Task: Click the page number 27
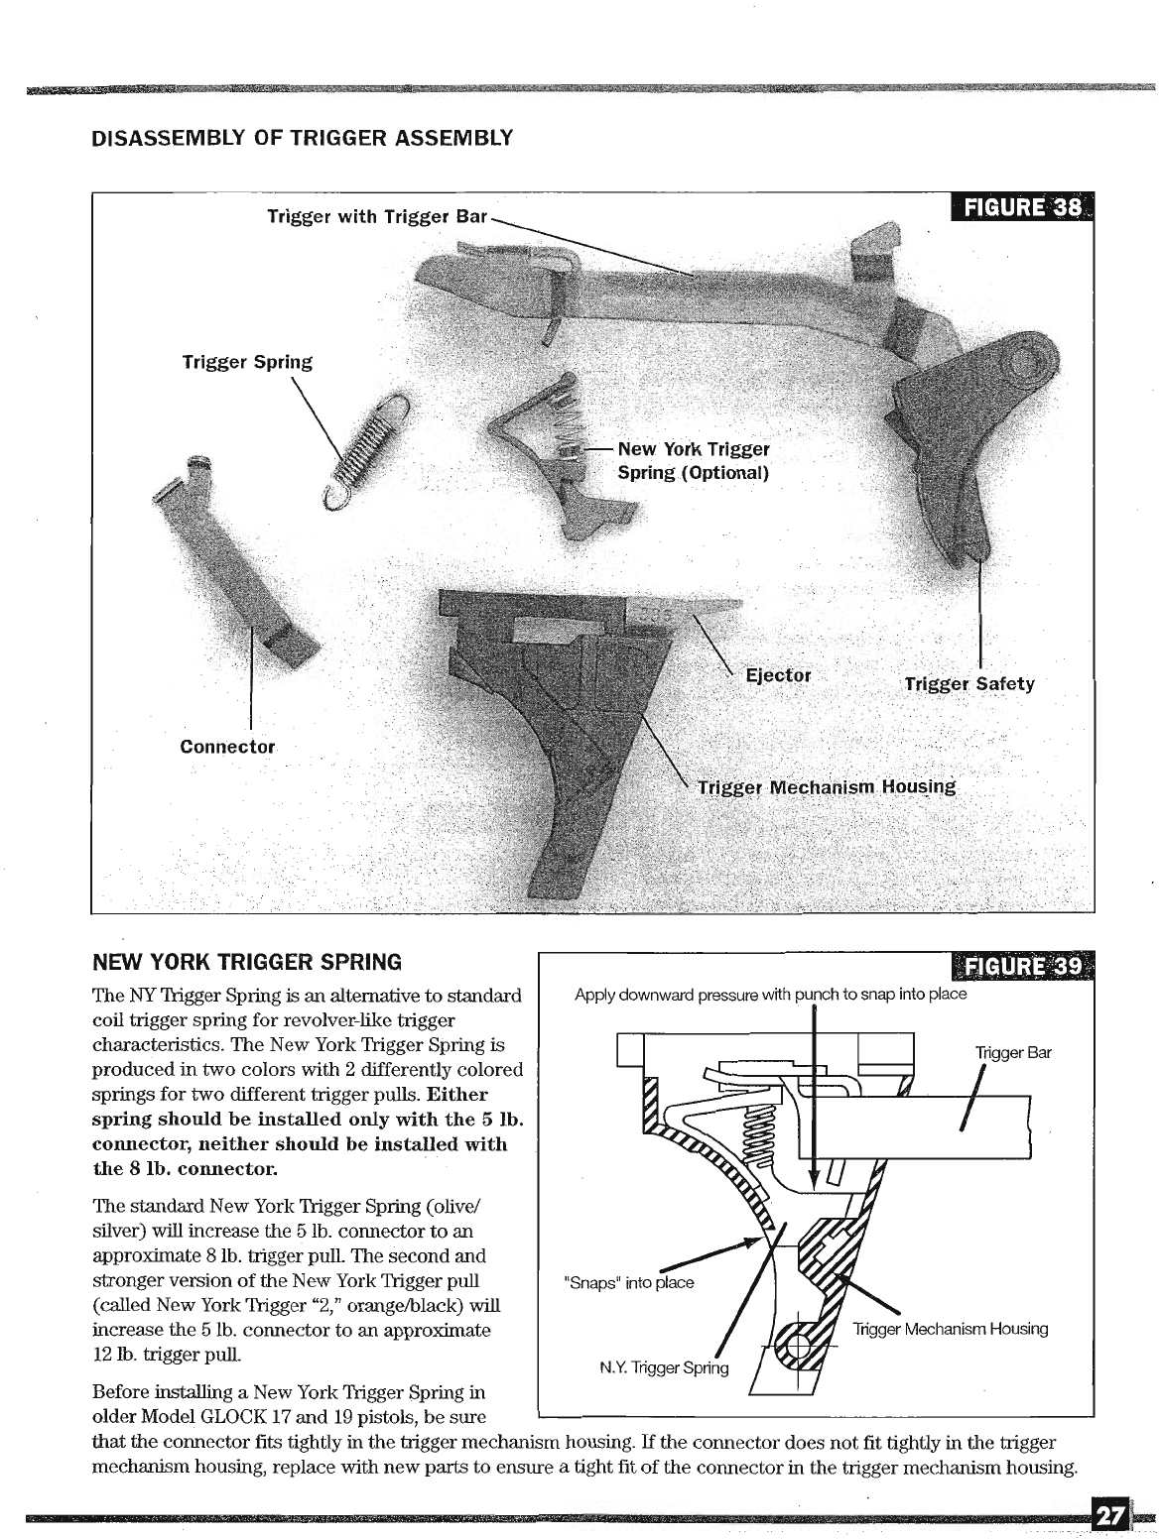click(1109, 1516)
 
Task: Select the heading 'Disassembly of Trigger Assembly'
click(302, 137)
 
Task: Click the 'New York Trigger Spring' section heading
click(247, 962)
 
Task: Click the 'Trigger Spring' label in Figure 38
click(247, 362)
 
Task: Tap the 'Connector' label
click(227, 747)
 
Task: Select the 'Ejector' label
click(778, 675)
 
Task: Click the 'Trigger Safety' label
click(968, 683)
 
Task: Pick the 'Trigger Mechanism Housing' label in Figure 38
click(826, 787)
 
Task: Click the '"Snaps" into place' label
click(628, 1282)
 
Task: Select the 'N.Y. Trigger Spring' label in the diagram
click(664, 1368)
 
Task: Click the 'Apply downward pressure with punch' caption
click(770, 994)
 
